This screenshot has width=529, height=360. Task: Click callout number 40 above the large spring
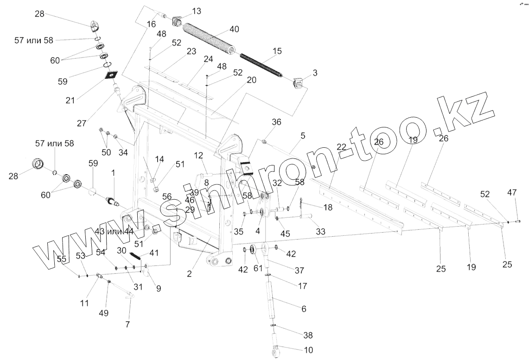(x=234, y=29)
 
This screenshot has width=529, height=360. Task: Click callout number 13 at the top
(x=197, y=11)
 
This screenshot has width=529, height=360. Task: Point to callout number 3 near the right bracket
(x=315, y=73)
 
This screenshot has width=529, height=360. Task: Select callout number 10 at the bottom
(x=295, y=349)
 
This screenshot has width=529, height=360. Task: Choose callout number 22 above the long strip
(x=341, y=146)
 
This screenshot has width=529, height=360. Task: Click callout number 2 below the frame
(x=189, y=273)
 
